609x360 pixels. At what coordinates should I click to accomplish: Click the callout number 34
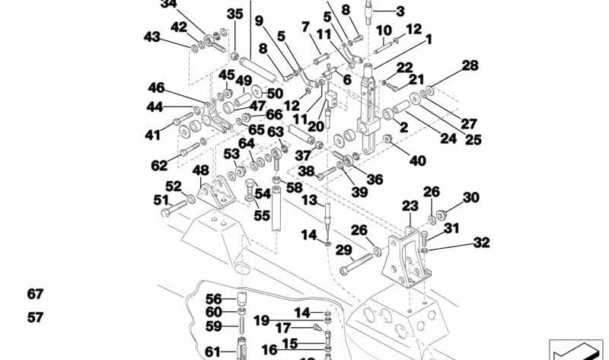click(x=169, y=4)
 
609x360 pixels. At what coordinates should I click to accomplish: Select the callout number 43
click(x=152, y=37)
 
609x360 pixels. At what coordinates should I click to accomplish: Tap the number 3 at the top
click(x=400, y=11)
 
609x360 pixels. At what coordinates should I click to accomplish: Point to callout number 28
click(x=470, y=66)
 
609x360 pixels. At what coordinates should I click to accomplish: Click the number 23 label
click(x=410, y=206)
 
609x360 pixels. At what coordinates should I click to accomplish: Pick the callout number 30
click(x=471, y=198)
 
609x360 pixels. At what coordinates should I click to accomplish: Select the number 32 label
click(x=481, y=243)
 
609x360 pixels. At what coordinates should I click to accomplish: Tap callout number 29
click(x=343, y=250)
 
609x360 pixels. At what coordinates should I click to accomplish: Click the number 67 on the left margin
click(x=36, y=295)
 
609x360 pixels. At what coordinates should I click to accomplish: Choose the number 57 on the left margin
click(x=36, y=317)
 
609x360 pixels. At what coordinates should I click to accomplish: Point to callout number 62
click(x=159, y=165)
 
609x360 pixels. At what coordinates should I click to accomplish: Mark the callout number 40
click(x=418, y=161)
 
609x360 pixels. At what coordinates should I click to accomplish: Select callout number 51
click(x=161, y=200)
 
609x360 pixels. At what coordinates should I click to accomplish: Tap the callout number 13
click(x=309, y=200)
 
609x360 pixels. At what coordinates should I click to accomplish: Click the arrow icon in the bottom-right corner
click(x=576, y=350)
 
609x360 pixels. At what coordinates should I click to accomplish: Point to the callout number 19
click(x=261, y=320)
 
